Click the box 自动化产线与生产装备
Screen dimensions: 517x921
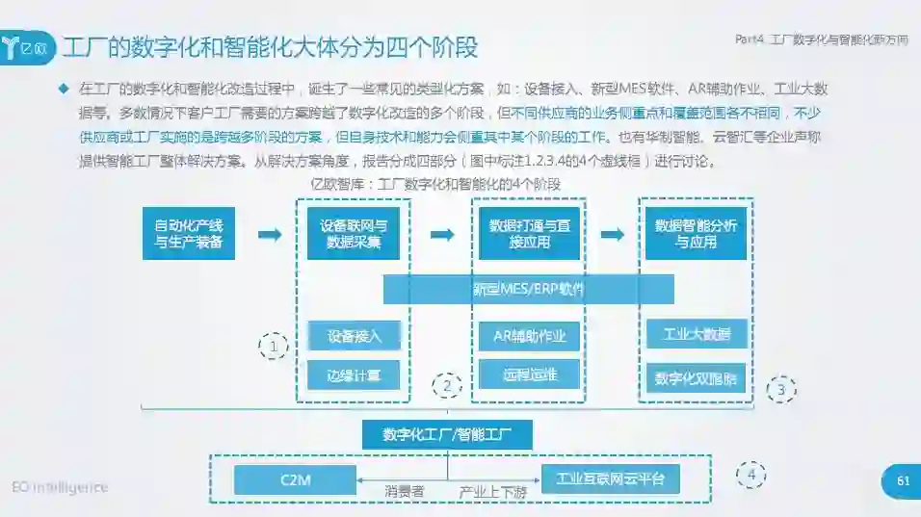(189, 233)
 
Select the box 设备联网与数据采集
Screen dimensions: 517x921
(354, 233)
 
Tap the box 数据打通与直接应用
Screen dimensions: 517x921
(529, 233)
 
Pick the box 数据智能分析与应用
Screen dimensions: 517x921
(696, 233)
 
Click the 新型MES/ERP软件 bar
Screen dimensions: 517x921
(528, 289)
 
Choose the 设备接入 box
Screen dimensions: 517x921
(354, 336)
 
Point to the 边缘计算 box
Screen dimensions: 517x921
(354, 375)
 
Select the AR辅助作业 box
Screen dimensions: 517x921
(529, 336)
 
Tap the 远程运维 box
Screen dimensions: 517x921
(529, 374)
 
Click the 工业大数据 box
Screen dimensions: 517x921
(697, 335)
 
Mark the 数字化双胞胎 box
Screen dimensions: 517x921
(697, 378)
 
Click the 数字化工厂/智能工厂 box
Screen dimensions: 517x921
(447, 434)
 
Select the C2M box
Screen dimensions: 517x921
(295, 479)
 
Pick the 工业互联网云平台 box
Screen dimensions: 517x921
(610, 478)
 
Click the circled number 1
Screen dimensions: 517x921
(274, 345)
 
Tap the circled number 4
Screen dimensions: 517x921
(751, 475)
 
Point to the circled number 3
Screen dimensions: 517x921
(780, 389)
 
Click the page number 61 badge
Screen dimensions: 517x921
(902, 481)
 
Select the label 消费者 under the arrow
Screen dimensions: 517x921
(405, 492)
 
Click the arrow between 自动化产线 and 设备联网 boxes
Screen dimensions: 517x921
(270, 234)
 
